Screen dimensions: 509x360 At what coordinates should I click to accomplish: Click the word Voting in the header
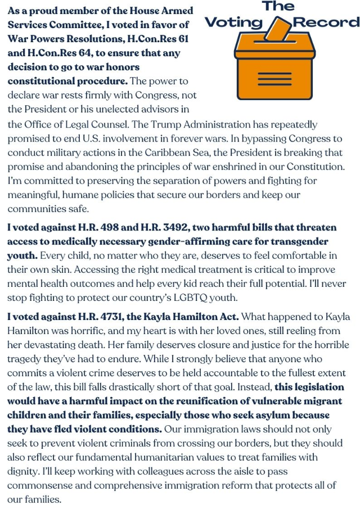pyautogui.click(x=234, y=22)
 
